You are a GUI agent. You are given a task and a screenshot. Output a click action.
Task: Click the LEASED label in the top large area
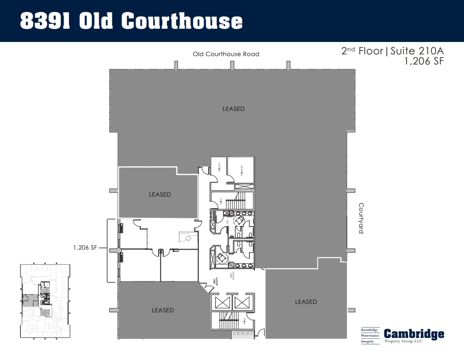(233, 109)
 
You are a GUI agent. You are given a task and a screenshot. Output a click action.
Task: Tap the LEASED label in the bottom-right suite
(306, 302)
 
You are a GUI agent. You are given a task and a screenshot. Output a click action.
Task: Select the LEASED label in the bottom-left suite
(163, 310)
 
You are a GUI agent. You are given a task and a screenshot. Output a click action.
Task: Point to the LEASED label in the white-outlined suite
(160, 194)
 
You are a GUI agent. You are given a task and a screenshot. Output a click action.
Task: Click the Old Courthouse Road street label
(226, 54)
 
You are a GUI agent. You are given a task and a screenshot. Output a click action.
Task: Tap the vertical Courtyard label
(361, 218)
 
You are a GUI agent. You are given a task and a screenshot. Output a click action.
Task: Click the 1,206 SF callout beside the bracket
(85, 248)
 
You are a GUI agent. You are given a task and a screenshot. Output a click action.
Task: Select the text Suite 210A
(417, 51)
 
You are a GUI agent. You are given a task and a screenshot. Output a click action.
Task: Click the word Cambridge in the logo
(414, 334)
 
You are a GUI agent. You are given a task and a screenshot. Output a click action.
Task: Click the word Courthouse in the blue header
(182, 21)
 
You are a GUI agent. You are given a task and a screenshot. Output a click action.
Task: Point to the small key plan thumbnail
(45, 301)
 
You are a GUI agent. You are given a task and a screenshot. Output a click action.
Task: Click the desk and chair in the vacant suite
(186, 238)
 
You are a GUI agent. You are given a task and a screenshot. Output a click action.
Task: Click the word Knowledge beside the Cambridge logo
(370, 330)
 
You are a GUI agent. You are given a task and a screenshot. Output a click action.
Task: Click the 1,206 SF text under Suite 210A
(424, 62)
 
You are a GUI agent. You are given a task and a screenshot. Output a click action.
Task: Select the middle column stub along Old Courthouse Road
(232, 65)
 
